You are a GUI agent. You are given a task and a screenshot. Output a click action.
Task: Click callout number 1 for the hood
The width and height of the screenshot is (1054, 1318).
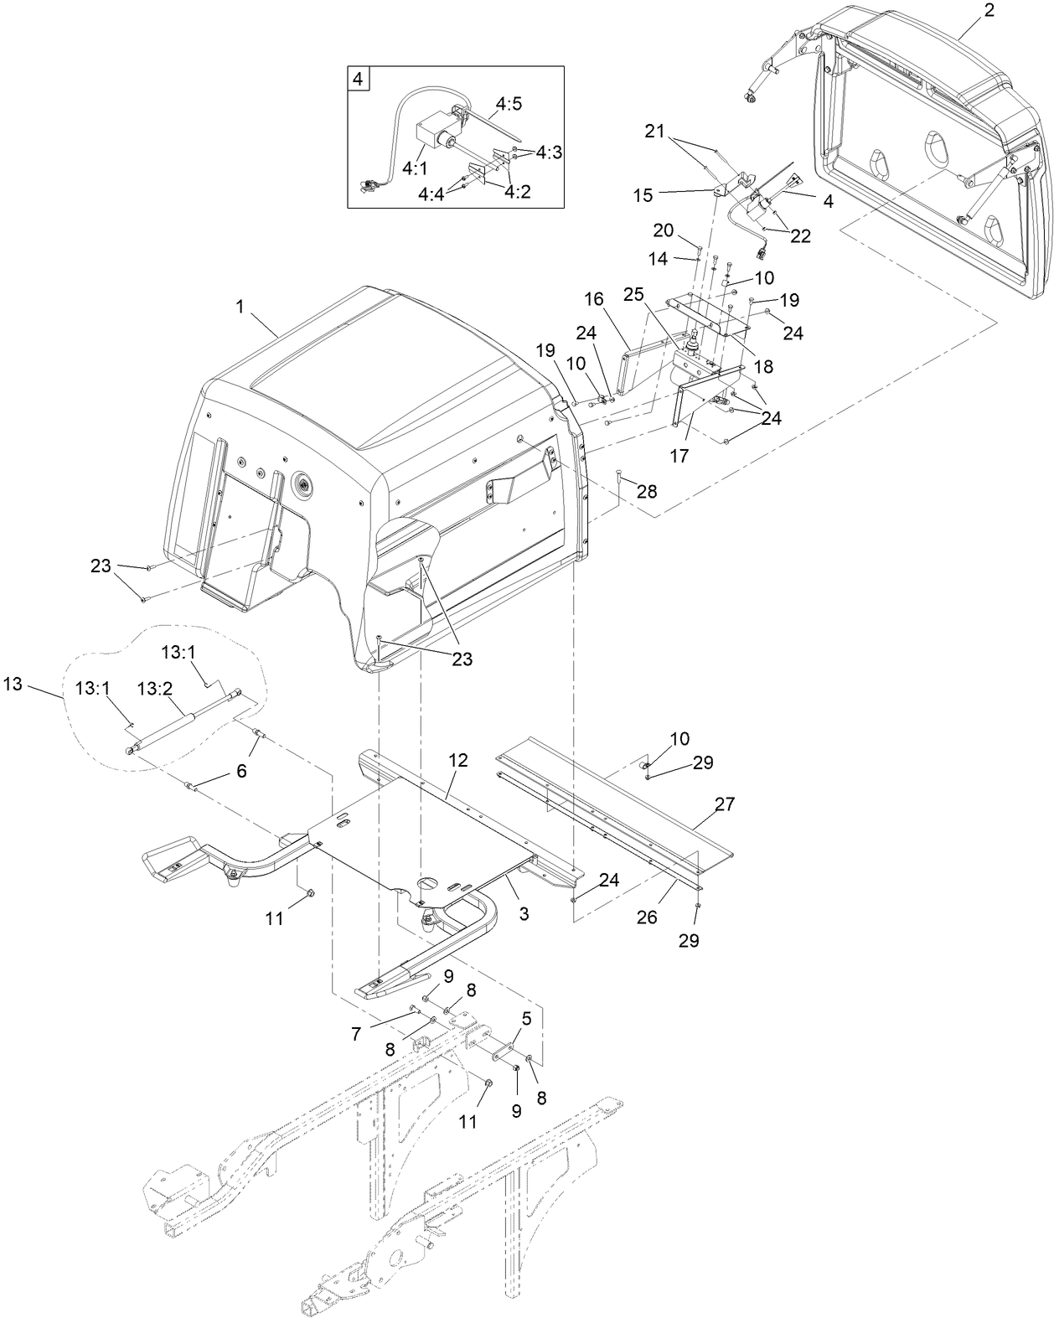(x=240, y=308)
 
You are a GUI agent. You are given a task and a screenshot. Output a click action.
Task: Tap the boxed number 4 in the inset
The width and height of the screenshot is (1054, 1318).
(x=358, y=80)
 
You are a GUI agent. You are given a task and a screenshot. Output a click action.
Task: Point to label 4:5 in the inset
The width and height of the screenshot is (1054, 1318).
(x=509, y=104)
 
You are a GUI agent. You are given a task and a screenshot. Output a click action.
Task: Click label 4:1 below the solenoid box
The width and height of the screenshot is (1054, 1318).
(x=415, y=168)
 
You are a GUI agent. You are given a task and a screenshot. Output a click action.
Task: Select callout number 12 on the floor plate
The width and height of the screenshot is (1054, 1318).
(x=458, y=761)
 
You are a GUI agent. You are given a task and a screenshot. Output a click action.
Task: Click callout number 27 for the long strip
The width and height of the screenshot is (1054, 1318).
(x=725, y=804)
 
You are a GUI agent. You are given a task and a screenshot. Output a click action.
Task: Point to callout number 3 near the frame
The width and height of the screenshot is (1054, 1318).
(x=524, y=914)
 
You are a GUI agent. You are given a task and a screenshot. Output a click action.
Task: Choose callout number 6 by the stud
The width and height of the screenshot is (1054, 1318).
(x=241, y=771)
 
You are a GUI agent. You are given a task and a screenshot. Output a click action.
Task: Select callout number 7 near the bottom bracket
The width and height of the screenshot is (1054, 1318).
(x=356, y=1036)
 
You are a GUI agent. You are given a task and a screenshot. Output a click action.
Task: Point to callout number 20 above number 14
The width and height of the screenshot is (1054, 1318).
(x=663, y=230)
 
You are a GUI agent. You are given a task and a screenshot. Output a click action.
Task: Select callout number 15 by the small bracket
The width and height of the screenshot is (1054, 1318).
(x=643, y=195)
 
